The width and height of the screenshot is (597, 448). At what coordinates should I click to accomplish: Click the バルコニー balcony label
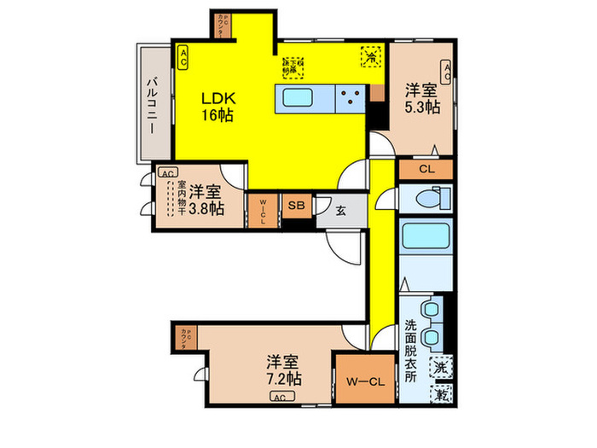[x=150, y=104]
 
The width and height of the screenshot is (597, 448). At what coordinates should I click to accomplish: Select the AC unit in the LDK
[x=183, y=57]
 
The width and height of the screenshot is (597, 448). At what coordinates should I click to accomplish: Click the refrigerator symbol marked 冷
[x=370, y=55]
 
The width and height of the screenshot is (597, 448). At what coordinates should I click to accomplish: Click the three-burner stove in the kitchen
[x=350, y=98]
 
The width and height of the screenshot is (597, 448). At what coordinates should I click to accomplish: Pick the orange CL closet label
[x=426, y=169]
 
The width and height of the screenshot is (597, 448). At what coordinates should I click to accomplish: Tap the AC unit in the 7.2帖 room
[x=279, y=398]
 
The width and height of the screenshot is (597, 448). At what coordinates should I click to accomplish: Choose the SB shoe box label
[x=295, y=205]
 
